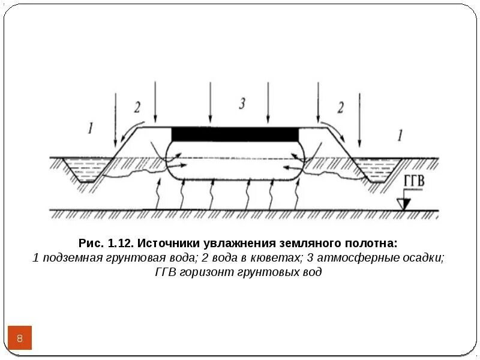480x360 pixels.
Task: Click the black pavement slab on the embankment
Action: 235,134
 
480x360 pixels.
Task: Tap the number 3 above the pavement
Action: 242,104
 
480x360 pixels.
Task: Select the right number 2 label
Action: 340,108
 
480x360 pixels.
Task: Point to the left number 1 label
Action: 90,128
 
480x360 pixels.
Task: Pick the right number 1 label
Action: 399,136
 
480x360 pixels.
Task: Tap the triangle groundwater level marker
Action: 404,203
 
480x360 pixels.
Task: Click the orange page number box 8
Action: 20,339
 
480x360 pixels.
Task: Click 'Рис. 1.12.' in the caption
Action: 106,244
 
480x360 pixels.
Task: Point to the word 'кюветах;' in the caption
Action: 280,258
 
